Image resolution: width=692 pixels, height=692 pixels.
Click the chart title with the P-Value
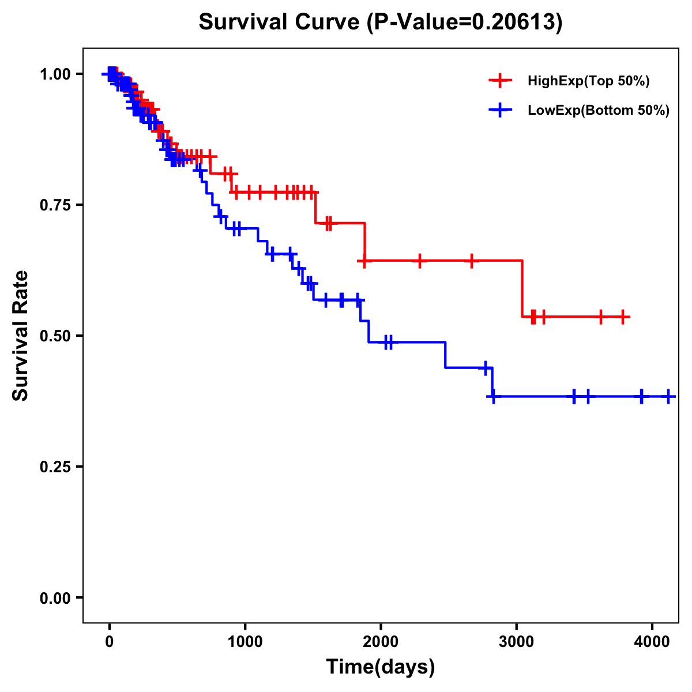[x=380, y=22]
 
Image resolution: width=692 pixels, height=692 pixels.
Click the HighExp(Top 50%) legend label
[x=588, y=81]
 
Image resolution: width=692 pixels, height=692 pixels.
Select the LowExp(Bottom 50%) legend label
[x=599, y=110]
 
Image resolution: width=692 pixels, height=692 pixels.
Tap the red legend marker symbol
[x=500, y=81]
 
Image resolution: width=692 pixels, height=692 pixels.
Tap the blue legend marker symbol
[x=500, y=110]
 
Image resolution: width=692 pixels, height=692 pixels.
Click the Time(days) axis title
[x=381, y=667]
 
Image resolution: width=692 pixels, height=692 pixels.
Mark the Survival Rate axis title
[x=21, y=336]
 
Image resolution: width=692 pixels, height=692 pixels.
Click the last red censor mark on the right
[x=623, y=317]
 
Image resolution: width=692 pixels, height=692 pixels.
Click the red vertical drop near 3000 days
[x=522, y=288]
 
